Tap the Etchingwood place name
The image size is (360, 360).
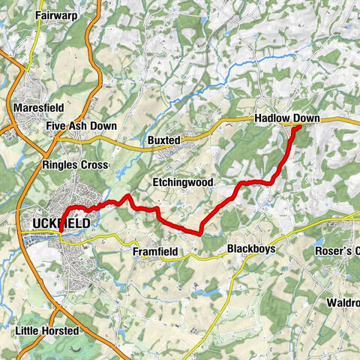point(183,182)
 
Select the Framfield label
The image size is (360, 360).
point(156,253)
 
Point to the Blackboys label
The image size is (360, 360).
point(249,249)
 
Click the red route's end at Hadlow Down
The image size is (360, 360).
point(298,127)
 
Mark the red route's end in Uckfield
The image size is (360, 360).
point(61,238)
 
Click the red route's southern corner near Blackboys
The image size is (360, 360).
point(200,232)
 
